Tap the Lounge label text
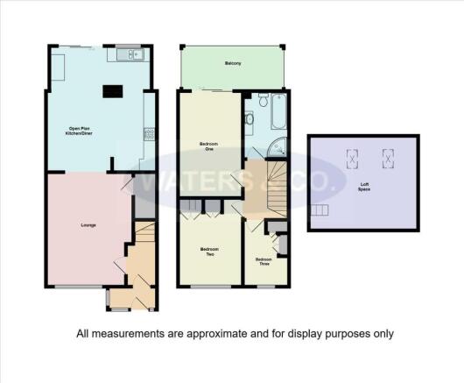pyautogui.click(x=88, y=226)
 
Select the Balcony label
pyautogui.click(x=233, y=64)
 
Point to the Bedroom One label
pyautogui.click(x=207, y=146)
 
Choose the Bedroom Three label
pyautogui.click(x=264, y=260)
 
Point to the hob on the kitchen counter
pyautogui.click(x=150, y=134)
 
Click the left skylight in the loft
pyautogui.click(x=353, y=158)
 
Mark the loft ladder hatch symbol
pyautogui.click(x=320, y=209)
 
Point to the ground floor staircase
pyautogui.click(x=144, y=236)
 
